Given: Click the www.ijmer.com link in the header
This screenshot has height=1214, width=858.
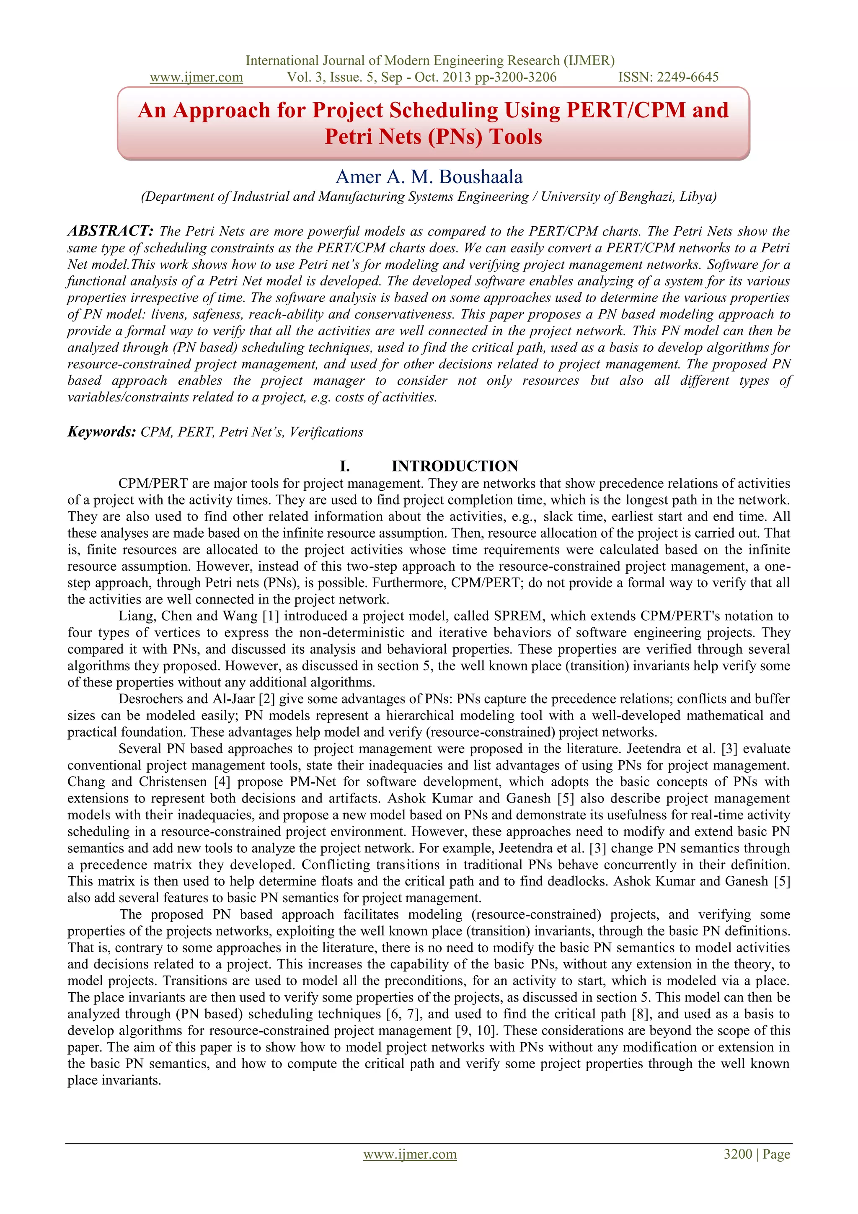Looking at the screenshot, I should (x=196, y=77).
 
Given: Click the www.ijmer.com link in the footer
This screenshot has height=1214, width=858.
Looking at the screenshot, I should (x=410, y=1154).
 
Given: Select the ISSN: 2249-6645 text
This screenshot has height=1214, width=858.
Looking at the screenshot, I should (x=668, y=77).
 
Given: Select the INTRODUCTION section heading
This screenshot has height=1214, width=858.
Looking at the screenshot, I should (x=455, y=466).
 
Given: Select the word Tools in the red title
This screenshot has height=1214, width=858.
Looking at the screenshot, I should (x=515, y=137).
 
